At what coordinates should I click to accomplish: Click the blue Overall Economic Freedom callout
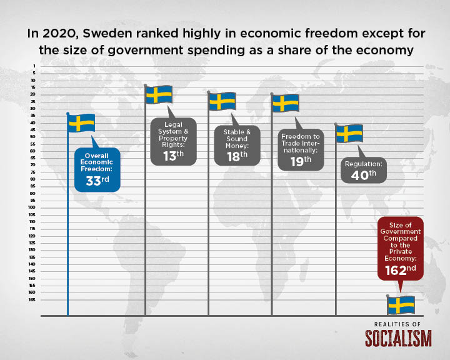[x=97, y=169]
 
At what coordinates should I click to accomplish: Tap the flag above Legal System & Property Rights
[x=159, y=94]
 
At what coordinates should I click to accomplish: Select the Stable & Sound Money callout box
[x=237, y=146]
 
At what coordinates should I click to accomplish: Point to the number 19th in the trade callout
[x=301, y=161]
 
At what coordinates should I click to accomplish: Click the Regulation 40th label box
[x=364, y=170]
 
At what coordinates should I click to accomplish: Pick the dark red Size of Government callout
[x=401, y=249]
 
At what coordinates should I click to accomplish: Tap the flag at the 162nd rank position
[x=401, y=305]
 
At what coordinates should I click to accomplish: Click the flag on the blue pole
[x=81, y=123]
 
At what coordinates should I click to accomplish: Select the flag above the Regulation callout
[x=349, y=134]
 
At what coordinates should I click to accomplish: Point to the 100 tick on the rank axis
[x=32, y=207]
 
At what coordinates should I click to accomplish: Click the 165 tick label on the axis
[x=32, y=300]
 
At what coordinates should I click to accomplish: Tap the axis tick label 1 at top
[x=34, y=66]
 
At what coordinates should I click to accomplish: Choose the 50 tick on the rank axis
[x=32, y=137]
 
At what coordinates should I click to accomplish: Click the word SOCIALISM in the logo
[x=398, y=338]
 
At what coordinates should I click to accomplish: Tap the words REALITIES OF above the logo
[x=397, y=324]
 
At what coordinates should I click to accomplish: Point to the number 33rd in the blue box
[x=97, y=181]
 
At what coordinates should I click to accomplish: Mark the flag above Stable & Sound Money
[x=222, y=101]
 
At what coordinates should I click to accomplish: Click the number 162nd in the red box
[x=401, y=270]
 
